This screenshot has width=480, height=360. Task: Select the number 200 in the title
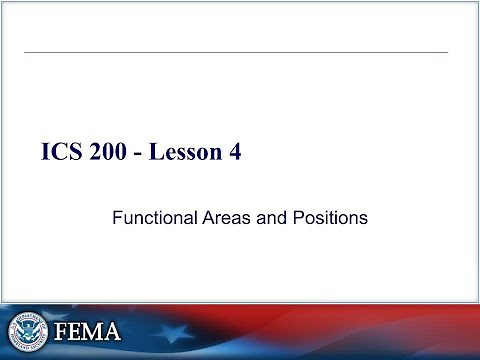click(113, 153)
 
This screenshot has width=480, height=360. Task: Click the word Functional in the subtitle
click(150, 215)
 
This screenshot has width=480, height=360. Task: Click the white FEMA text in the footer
click(88, 330)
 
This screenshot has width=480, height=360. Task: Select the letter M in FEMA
click(94, 330)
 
